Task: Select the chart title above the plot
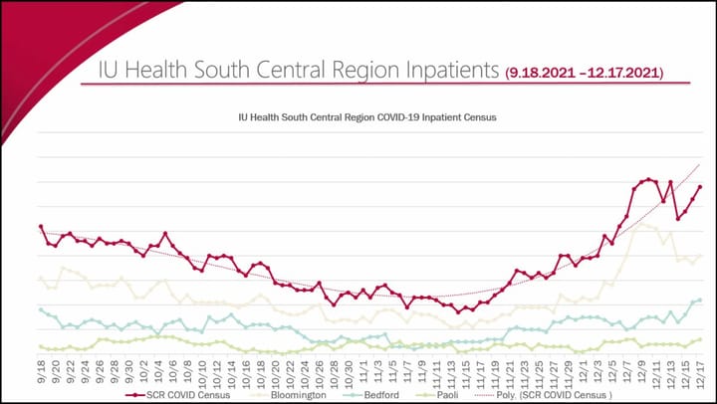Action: (367, 116)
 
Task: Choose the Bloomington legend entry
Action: (289, 393)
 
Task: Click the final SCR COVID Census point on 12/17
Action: (700, 187)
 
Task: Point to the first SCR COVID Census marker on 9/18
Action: (41, 227)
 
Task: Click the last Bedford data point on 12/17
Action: (700, 300)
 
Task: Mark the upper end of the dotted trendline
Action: (700, 164)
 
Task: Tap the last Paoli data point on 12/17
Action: (700, 339)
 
